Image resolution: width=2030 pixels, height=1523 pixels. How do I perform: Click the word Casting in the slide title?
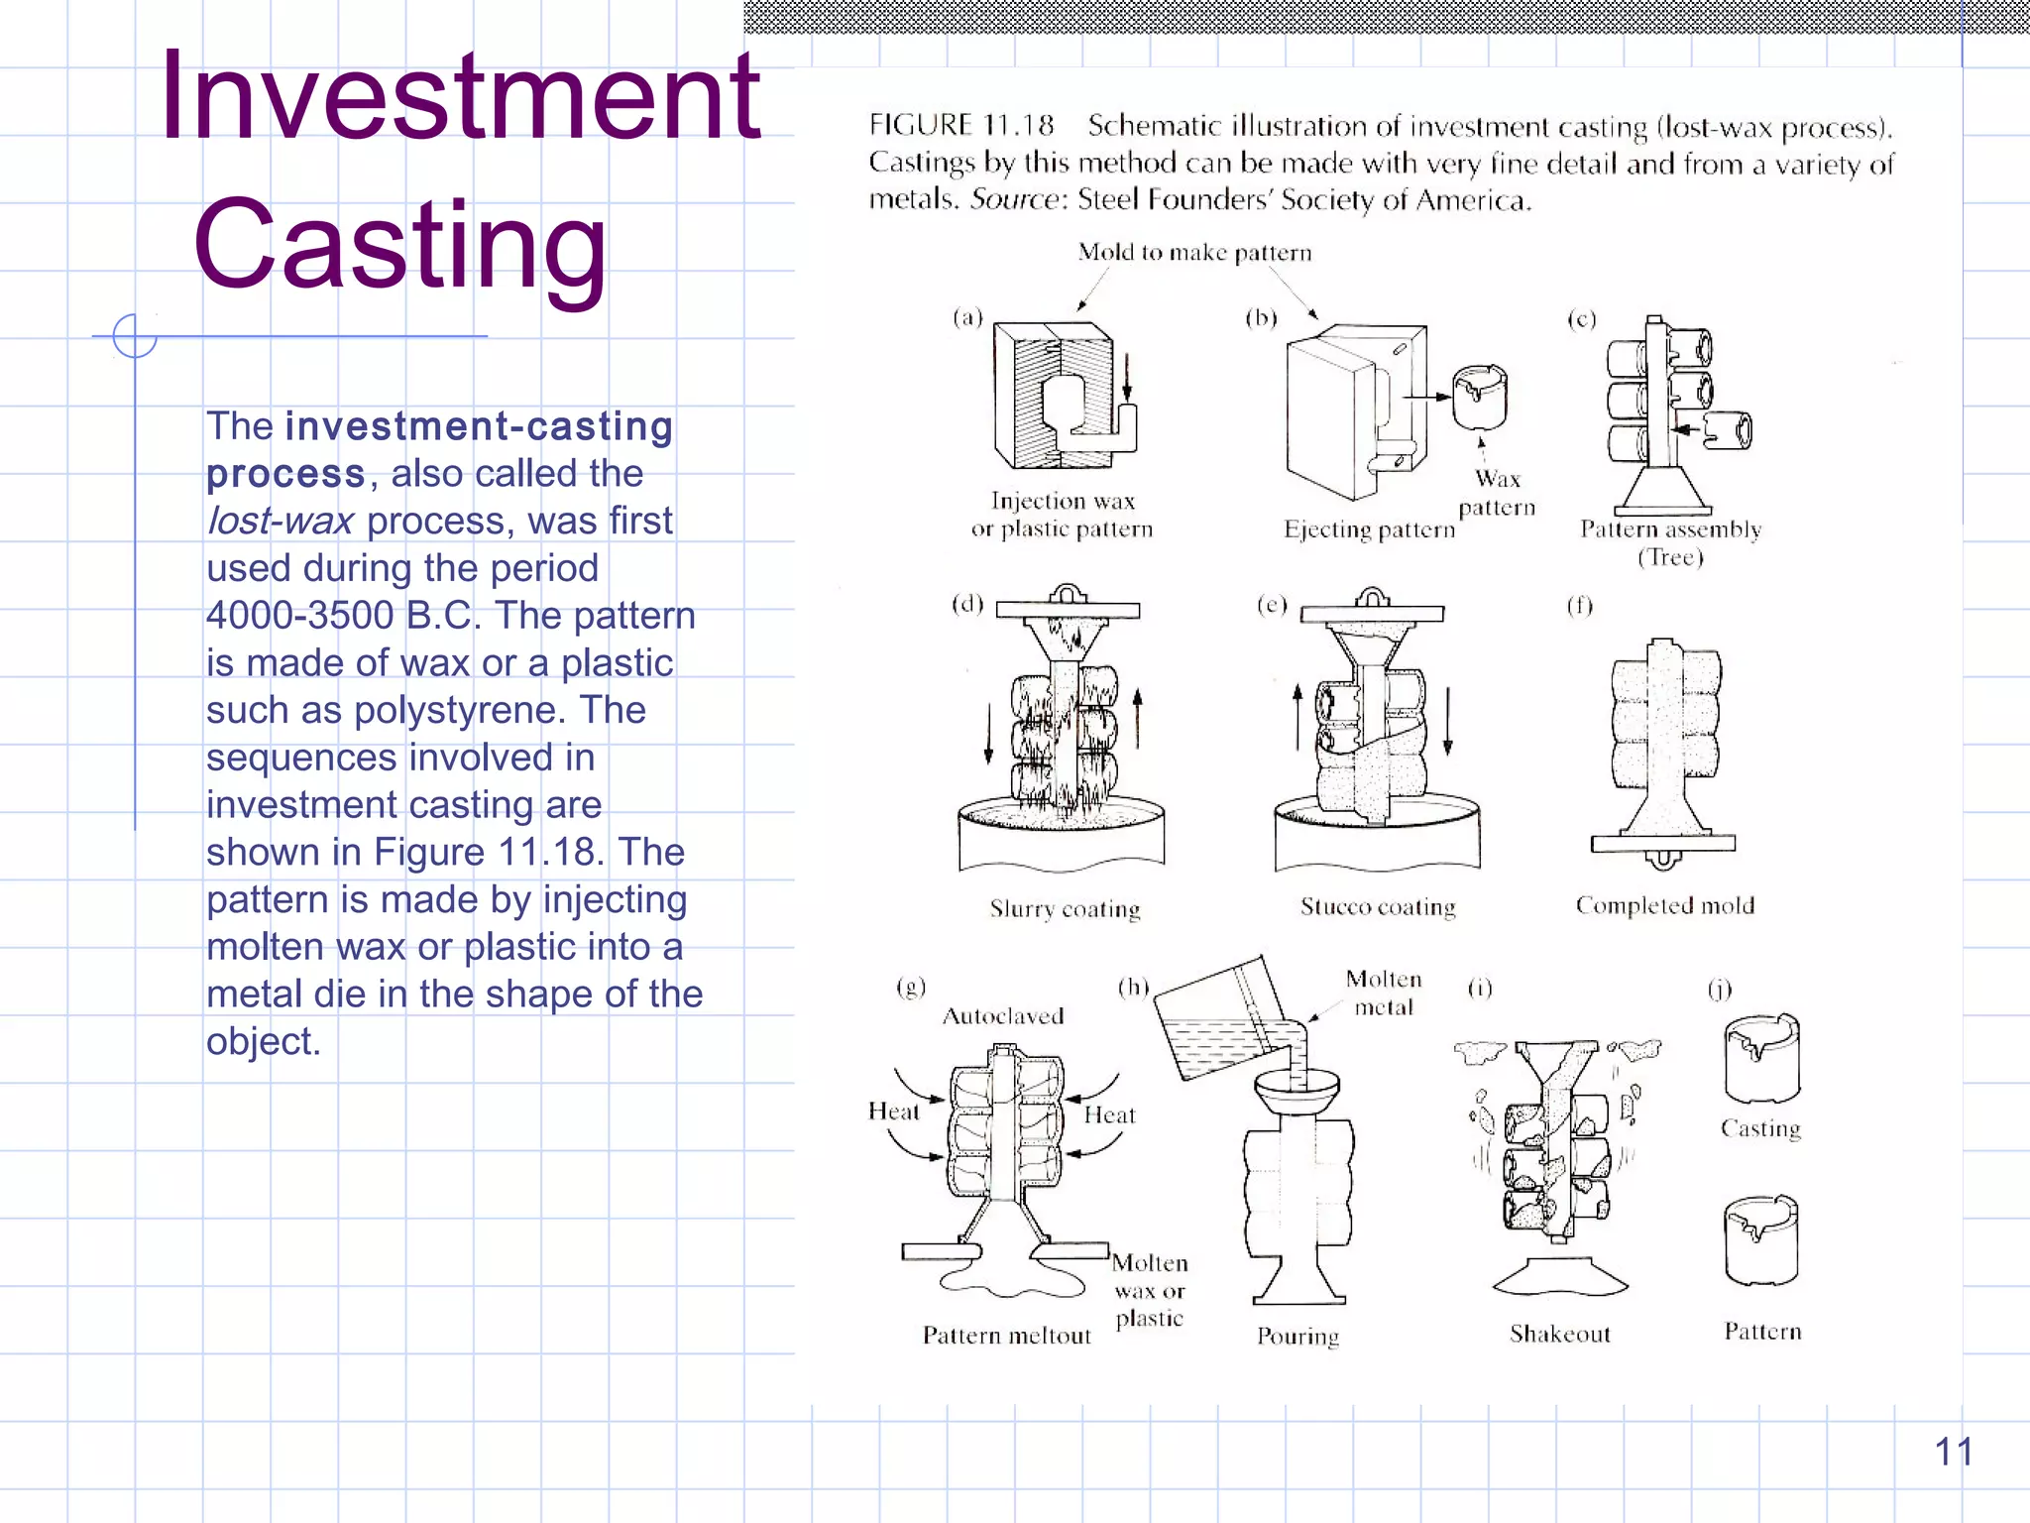(x=398, y=245)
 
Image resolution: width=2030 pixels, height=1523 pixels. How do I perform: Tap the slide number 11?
(x=1954, y=1452)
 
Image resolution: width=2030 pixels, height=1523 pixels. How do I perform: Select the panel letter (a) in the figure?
(x=967, y=317)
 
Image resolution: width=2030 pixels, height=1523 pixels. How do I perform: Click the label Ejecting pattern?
(x=1369, y=529)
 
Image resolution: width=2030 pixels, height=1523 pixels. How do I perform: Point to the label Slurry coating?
(x=1065, y=908)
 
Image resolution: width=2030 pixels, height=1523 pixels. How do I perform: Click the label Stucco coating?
(x=1378, y=906)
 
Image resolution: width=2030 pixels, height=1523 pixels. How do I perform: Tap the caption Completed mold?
(x=1664, y=905)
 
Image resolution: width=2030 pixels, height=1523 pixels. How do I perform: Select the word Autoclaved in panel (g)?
(x=1002, y=1015)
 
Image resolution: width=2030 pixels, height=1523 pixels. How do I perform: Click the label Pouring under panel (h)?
(x=1297, y=1336)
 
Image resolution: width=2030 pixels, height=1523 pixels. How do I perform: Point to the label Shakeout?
(x=1559, y=1334)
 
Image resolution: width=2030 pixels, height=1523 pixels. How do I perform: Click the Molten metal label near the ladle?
(x=1383, y=993)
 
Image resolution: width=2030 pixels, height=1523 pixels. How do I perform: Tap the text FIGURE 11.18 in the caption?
(x=960, y=125)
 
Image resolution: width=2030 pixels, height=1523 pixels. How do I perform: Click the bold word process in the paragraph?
(x=285, y=474)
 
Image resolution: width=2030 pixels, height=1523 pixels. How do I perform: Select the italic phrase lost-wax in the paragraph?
(x=280, y=521)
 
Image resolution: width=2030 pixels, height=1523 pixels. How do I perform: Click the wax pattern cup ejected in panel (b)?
(x=1479, y=397)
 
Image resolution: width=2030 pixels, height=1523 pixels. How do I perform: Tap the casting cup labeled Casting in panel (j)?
(x=1761, y=1059)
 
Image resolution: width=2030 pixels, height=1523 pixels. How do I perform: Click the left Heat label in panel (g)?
(x=893, y=1112)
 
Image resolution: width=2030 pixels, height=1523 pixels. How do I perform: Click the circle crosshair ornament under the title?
(x=135, y=336)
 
